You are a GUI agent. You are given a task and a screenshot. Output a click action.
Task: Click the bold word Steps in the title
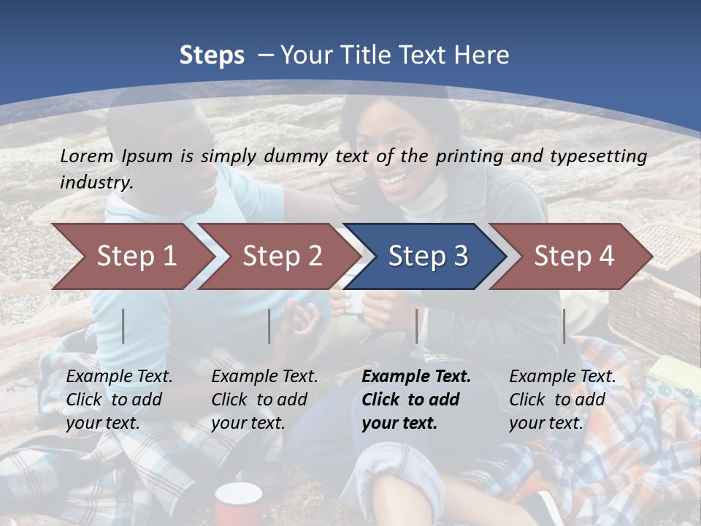point(212,56)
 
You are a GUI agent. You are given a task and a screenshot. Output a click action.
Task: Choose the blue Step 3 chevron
point(428,256)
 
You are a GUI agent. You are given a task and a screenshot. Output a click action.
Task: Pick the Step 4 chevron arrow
point(574,256)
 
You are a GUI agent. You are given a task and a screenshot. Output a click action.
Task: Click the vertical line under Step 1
point(123,326)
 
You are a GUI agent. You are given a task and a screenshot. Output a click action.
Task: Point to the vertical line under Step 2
point(269,326)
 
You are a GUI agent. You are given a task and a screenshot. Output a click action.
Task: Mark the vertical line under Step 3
point(417,326)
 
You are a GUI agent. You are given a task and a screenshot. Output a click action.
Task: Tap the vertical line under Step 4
point(564,326)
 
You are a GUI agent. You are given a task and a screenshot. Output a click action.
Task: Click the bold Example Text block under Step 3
point(416,400)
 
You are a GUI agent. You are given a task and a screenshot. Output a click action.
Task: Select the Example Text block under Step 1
point(120,400)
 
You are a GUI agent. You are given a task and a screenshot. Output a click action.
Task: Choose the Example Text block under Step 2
point(265,400)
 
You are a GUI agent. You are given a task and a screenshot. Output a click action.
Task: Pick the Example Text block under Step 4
point(562,400)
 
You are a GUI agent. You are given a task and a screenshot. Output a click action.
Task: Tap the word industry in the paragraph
point(96,183)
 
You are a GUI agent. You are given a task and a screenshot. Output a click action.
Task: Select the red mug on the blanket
point(239,504)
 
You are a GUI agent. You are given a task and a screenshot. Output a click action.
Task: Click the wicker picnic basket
point(657,292)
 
